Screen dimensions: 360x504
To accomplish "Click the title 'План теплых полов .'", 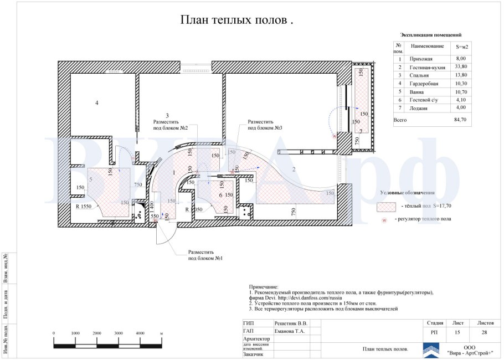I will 236,20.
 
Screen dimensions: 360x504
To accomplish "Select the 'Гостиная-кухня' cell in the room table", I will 426,67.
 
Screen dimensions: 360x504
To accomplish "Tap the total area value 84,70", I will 460,119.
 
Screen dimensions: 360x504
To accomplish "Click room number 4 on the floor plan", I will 96,103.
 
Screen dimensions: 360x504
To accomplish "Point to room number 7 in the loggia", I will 361,131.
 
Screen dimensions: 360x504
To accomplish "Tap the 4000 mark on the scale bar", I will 140,333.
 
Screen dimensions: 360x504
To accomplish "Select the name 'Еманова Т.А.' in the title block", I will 290,331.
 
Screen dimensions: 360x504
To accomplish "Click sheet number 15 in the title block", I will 456,332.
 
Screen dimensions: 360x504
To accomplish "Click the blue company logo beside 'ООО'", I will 432,350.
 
